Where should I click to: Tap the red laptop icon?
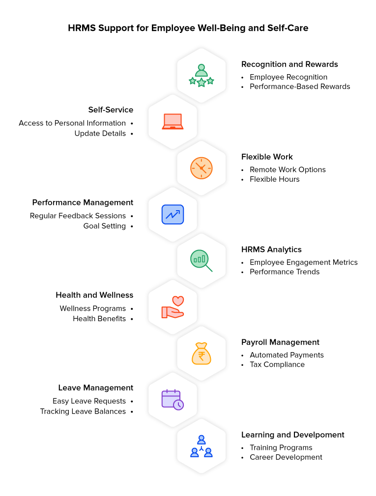[x=173, y=121]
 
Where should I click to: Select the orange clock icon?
[x=202, y=168]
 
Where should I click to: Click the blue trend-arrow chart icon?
[x=173, y=215]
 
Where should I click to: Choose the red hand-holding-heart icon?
[x=173, y=307]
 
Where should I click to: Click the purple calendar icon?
[x=173, y=400]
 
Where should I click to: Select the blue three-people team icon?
[x=202, y=446]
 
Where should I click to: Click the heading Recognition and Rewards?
[x=289, y=64]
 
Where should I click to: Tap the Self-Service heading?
[x=111, y=110]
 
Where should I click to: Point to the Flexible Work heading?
[x=267, y=157]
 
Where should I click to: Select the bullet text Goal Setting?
[x=104, y=226]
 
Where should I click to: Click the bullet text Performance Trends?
[x=285, y=272]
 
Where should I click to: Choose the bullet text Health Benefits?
[x=99, y=319]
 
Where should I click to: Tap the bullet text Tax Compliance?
[x=277, y=364]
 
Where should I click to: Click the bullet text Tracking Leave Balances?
[x=83, y=411]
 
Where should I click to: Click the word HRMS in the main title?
[x=82, y=28]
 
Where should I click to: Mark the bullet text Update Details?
[x=100, y=134]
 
